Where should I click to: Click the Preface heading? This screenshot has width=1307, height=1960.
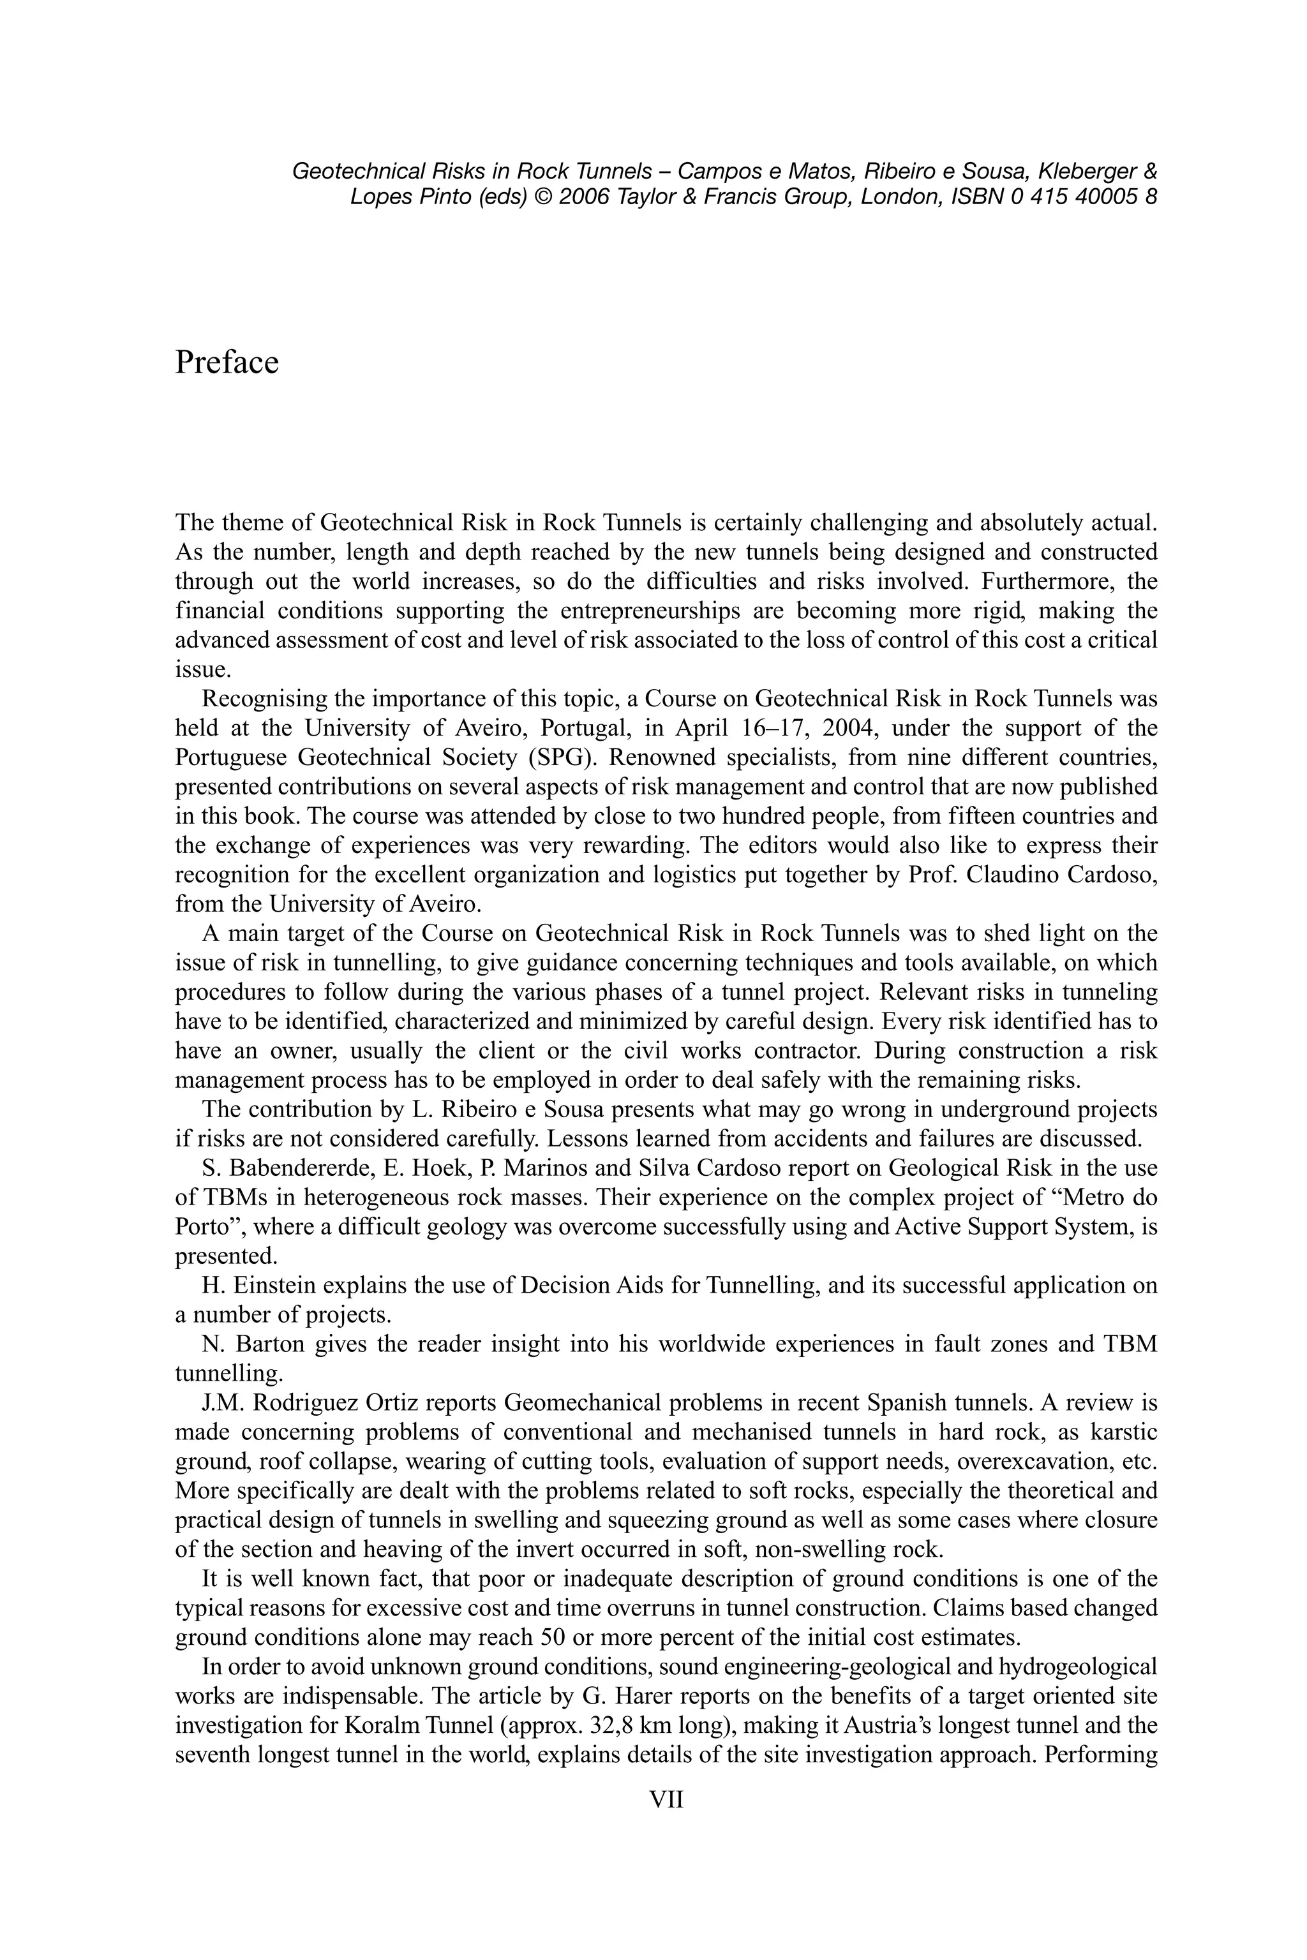(227, 363)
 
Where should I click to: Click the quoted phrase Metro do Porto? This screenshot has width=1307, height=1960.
(1084, 1198)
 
